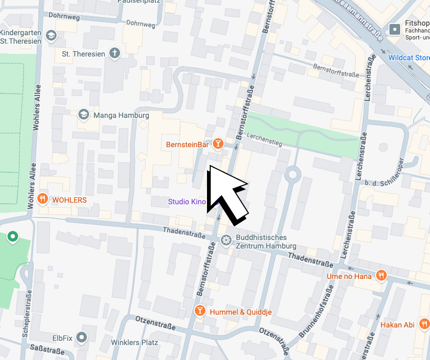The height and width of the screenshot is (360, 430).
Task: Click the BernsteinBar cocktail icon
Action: coord(218,144)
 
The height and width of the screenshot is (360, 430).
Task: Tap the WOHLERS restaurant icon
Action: coord(43,199)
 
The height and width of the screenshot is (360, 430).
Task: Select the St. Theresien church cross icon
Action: coord(114,53)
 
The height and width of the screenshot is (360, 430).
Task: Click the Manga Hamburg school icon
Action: coord(84,115)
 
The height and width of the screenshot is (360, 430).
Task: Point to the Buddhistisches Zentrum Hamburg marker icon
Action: coord(226,241)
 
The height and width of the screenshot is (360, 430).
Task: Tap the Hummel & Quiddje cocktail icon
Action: coord(200,311)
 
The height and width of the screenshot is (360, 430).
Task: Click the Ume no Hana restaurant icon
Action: coord(381,276)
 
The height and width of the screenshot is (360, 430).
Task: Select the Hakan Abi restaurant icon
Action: coord(424,324)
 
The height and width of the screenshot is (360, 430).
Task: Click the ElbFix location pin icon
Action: coord(81,337)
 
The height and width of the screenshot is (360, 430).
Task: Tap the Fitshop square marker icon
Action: coord(395,29)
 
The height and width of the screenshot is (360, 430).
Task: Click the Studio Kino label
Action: coord(187,202)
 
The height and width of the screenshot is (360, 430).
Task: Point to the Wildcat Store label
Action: coord(409,58)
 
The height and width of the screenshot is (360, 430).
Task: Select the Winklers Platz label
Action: coord(134,342)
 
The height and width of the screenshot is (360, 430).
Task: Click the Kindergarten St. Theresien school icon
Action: coord(51,36)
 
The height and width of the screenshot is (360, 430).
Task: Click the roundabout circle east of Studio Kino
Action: coord(292,174)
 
